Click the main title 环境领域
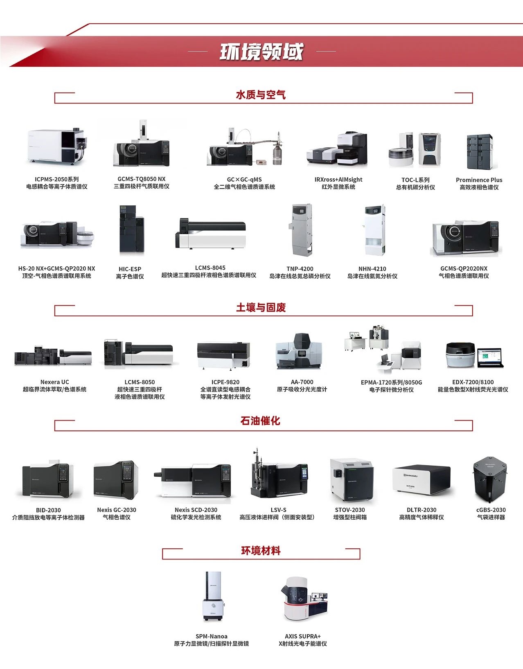tap(261, 52)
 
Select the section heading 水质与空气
tap(261, 95)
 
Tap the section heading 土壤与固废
tap(261, 307)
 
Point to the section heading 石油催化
tap(260, 421)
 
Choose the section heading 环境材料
tap(261, 551)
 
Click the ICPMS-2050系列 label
tap(57, 179)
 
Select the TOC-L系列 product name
tap(415, 180)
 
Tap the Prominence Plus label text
tap(479, 180)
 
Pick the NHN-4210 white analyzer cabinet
tap(375, 230)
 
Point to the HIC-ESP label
tap(130, 269)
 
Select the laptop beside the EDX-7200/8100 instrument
tap(490, 357)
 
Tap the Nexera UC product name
tap(54, 382)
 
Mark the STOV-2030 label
tap(350, 510)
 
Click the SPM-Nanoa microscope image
tap(213, 597)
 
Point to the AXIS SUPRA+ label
tap(303, 636)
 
